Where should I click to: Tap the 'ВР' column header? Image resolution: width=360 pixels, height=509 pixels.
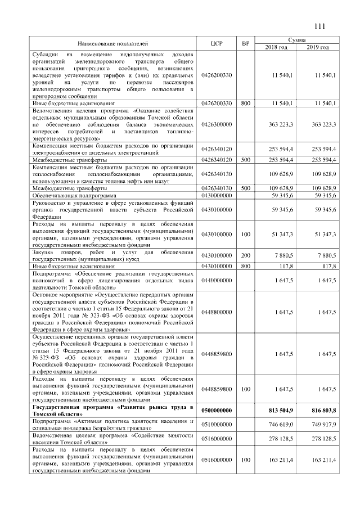click(245, 43)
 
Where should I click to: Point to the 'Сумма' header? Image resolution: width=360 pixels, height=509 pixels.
click(297, 40)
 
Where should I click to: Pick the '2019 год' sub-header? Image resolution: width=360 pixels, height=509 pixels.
click(318, 47)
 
